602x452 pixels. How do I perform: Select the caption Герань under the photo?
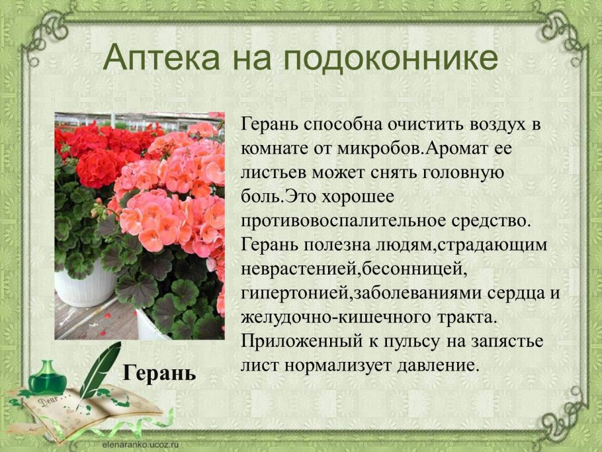click(x=159, y=373)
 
